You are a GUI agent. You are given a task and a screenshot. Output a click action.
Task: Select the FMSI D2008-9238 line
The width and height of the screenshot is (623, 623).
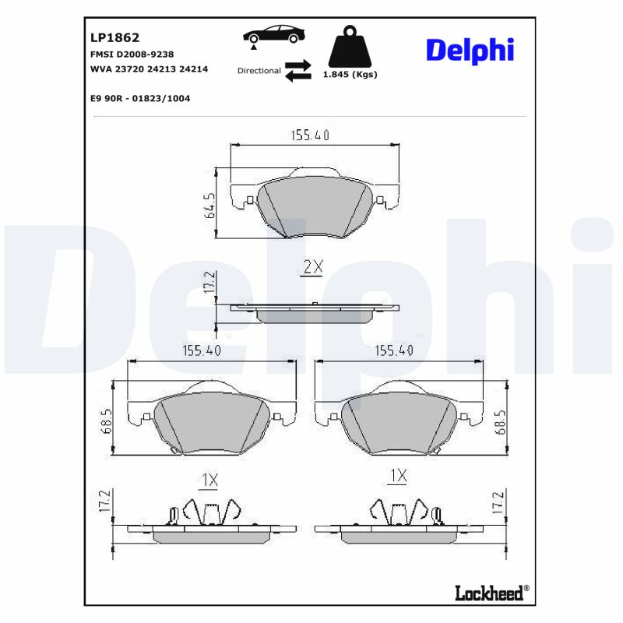[132, 54]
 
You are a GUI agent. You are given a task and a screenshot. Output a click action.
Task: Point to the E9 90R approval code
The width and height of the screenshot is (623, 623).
[140, 99]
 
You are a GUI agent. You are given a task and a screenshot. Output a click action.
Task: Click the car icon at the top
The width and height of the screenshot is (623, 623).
[273, 35]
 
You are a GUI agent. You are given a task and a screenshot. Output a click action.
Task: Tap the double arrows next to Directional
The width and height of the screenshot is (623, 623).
[297, 70]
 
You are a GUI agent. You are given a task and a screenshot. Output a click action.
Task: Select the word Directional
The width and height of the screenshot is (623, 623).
[259, 71]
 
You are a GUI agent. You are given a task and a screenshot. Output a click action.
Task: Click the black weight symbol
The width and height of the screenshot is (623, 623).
[350, 48]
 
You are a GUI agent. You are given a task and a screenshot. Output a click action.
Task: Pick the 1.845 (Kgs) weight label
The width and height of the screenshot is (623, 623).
[350, 75]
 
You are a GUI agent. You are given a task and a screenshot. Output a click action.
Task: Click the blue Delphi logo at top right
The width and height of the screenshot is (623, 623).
[470, 50]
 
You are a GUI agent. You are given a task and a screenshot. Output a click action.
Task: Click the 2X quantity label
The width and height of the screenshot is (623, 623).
[311, 267]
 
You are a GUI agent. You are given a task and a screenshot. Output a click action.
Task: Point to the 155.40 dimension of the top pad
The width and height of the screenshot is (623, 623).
[310, 136]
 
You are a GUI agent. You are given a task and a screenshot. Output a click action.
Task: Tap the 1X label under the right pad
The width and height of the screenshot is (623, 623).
[398, 475]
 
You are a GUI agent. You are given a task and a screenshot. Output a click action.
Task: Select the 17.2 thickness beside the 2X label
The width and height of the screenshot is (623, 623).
[208, 283]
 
